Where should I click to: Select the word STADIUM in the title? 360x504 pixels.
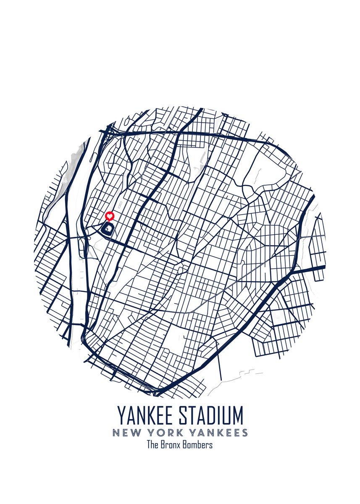pyautogui.click(x=211, y=416)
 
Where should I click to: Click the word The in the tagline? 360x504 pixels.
pyautogui.click(x=152, y=445)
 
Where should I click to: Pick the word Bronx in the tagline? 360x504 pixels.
pyautogui.click(x=171, y=445)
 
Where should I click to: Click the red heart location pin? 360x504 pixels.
pyautogui.click(x=110, y=216)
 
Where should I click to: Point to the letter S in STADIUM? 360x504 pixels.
pyautogui.click(x=183, y=416)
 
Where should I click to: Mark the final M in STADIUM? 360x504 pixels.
pyautogui.click(x=237, y=416)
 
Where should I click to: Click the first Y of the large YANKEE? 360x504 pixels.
pyautogui.click(x=121, y=416)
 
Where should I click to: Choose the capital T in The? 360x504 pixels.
pyautogui.click(x=148, y=445)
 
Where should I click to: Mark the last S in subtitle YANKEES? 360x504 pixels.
pyautogui.click(x=244, y=433)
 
